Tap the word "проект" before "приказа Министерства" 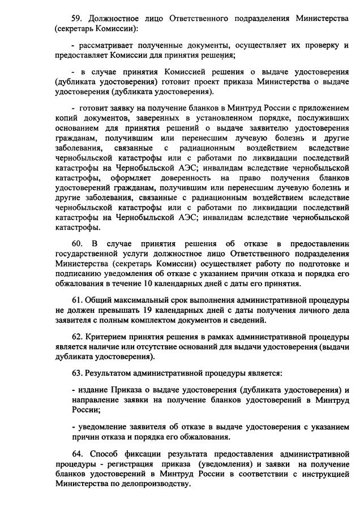click(213, 81)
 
